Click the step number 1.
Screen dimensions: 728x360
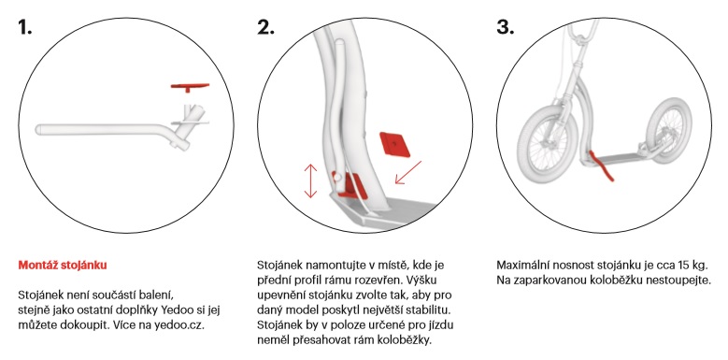[x=24, y=27]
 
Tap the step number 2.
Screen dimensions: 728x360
[x=265, y=27]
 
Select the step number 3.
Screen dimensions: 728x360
[x=506, y=27]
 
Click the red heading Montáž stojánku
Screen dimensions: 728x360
[x=63, y=266]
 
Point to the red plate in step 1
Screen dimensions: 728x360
[x=190, y=87]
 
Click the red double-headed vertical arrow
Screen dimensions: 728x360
[x=310, y=180]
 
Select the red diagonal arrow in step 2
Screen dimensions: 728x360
[x=407, y=172]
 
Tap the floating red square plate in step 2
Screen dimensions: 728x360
[x=394, y=144]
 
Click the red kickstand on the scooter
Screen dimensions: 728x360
[x=601, y=166]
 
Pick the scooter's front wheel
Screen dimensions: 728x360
[x=547, y=144]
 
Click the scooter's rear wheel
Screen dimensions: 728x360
[x=667, y=131]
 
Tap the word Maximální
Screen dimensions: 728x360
[x=521, y=266]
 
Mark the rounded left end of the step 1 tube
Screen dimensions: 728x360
[x=39, y=129]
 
